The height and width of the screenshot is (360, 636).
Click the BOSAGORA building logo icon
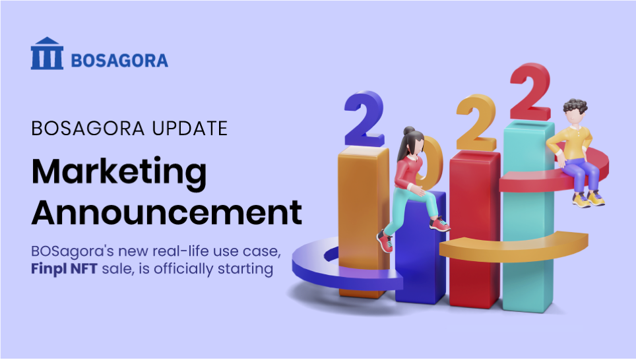tap(47, 53)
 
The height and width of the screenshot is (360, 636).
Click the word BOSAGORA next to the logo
tap(119, 61)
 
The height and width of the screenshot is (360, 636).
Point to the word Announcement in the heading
tap(167, 212)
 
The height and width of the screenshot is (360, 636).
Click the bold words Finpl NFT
tap(64, 269)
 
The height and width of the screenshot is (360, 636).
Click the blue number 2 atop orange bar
tap(364, 119)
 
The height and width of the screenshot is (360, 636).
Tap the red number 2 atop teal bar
tap(530, 92)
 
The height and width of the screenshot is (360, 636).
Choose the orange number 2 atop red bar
tap(476, 123)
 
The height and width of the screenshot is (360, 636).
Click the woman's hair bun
tap(409, 131)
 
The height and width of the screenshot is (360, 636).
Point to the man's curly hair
tap(575, 106)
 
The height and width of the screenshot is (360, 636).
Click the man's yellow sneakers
tap(588, 199)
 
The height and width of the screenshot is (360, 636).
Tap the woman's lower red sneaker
tap(385, 241)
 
